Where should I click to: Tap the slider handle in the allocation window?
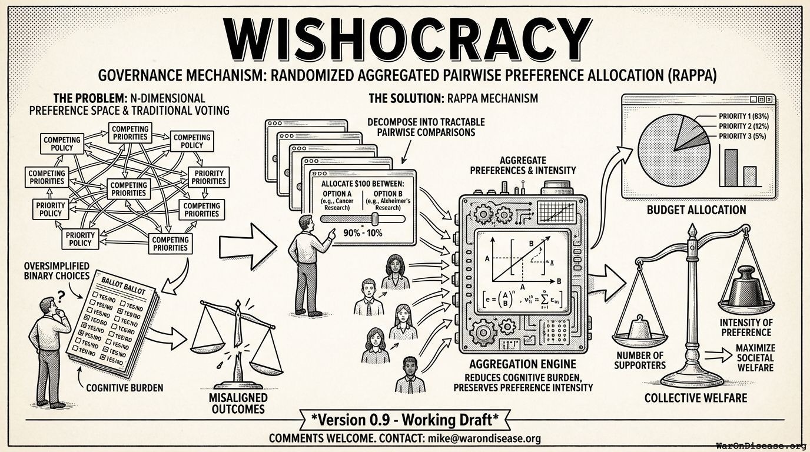point(373,219)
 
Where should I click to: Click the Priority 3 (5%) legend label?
point(742,136)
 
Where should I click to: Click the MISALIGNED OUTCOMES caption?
point(237,402)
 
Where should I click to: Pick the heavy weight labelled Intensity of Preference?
point(745,291)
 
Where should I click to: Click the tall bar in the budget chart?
point(731,167)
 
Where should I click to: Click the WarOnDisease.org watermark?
point(761,446)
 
